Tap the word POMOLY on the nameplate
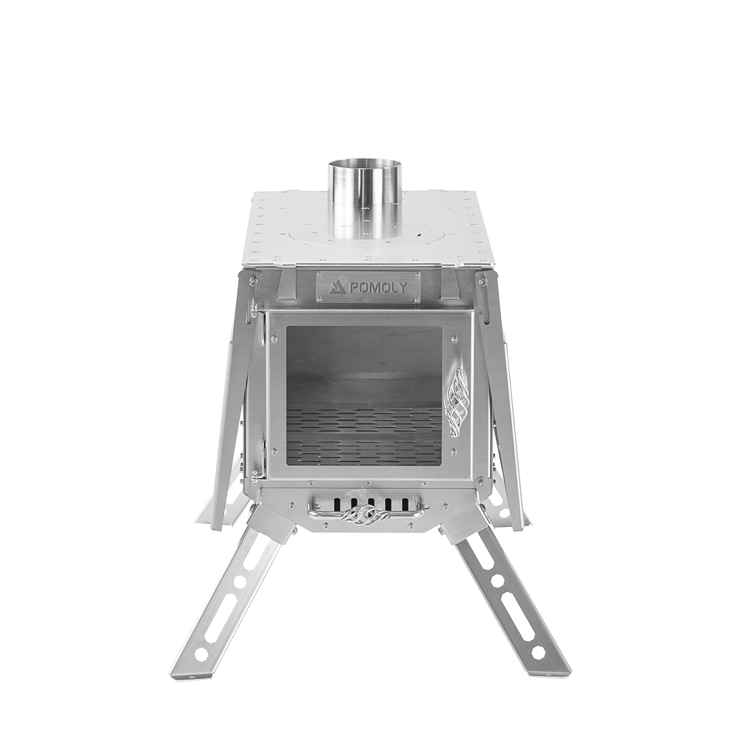[377, 287]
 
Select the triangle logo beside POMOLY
[338, 286]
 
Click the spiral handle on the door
[457, 402]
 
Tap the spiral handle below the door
[365, 516]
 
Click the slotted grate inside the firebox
[363, 436]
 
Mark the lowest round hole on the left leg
[201, 654]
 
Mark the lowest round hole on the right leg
[538, 653]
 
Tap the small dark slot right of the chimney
[419, 237]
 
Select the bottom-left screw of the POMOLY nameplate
[320, 298]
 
